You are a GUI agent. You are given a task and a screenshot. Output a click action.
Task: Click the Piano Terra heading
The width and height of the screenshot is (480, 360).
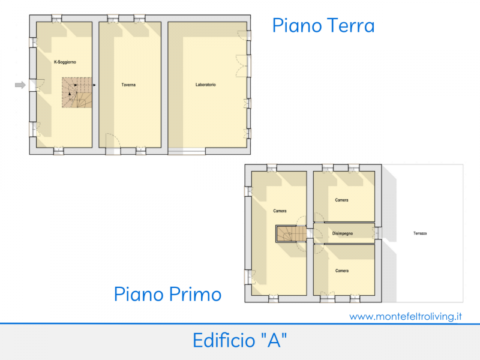pos(323,26)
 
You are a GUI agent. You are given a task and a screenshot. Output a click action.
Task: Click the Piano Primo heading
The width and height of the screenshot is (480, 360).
pos(167,295)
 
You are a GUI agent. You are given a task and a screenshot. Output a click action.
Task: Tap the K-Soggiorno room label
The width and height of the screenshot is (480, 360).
pos(65,62)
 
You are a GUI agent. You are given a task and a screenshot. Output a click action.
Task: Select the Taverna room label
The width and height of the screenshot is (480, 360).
pos(128,85)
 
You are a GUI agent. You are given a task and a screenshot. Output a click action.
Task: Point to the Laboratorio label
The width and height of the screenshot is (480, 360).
pos(205,85)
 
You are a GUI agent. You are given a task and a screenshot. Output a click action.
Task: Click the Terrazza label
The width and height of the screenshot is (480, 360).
pos(419,233)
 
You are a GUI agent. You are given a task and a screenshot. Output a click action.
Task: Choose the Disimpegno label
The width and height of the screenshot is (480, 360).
pos(342,233)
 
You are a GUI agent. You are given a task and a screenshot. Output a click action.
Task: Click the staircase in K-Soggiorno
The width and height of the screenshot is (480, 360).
pos(77,93)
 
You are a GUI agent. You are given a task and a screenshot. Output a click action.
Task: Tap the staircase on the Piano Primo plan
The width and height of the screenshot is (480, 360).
pos(287,233)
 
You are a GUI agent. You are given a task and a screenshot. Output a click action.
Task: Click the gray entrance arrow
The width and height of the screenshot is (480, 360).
pos(20,85)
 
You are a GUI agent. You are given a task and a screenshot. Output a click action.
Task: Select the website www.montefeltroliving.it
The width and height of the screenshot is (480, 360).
pos(406,316)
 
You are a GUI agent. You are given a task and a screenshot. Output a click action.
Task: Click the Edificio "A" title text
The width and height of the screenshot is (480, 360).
pos(239,341)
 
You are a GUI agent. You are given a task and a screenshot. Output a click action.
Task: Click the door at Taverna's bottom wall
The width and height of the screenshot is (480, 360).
pos(113,144)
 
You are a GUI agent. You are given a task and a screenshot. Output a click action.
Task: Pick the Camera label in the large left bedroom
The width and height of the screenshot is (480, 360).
pos(280,211)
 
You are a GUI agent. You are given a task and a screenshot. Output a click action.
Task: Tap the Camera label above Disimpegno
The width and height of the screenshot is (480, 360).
pos(341,200)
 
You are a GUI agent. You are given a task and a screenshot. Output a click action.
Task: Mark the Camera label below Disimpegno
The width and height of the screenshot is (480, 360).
pos(341,271)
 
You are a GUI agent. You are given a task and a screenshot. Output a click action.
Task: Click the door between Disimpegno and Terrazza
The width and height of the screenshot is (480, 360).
pos(377,232)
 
